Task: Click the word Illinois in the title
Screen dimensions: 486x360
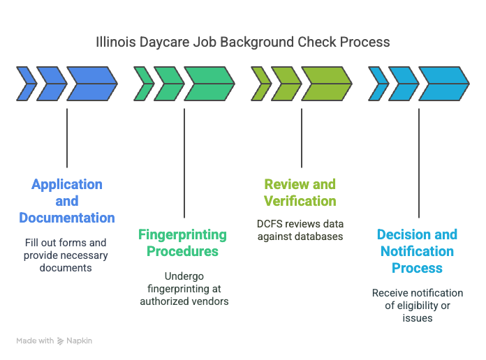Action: (116, 42)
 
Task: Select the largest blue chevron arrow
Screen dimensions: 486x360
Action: (92, 84)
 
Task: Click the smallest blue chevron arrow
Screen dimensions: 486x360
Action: (27, 84)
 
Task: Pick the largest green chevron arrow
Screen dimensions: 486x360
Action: (209, 84)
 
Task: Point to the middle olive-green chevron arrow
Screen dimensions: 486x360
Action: (286, 84)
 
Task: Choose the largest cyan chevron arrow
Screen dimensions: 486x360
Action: (444, 84)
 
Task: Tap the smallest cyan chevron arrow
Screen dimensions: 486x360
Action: (378, 84)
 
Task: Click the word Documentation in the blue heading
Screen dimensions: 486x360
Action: (67, 218)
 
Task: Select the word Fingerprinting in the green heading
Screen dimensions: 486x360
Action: (182, 235)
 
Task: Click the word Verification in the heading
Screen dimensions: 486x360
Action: (300, 201)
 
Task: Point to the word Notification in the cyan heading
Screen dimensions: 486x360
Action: (417, 251)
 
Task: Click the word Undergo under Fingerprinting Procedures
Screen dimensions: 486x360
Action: (184, 277)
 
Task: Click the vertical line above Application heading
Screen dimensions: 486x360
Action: (67, 138)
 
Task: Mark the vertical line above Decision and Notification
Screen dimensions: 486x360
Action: (419, 163)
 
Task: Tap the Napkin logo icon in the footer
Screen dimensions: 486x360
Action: (61, 341)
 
